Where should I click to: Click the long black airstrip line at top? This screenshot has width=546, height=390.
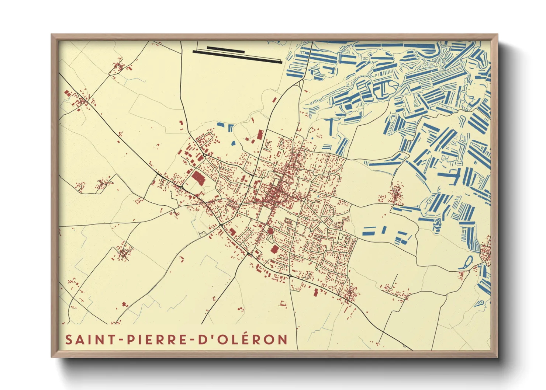coord(238,57)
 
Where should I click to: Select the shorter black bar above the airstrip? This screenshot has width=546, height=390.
coord(225,49)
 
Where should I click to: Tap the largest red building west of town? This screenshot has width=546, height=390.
coord(198,178)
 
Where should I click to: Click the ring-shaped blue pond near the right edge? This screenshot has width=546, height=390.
coord(467,262)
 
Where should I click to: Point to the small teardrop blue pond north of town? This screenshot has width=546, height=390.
coord(233,143)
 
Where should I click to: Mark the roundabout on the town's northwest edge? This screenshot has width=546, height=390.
coord(205,155)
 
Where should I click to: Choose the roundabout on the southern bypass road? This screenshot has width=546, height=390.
coord(290,276)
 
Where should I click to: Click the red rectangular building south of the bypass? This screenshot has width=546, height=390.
coord(315,292)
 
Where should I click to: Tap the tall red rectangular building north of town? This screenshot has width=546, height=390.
coord(260,135)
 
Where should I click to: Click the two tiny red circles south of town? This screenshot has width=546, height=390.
coord(241,309)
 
